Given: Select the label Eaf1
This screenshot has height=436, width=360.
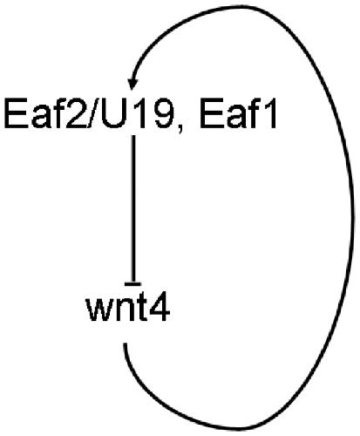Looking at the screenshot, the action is pos(238,114).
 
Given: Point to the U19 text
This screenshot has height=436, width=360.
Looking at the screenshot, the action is pos(137,114).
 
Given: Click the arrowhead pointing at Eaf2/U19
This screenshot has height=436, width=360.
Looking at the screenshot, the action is pos(132,84).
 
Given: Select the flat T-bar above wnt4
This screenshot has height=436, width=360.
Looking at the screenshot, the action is pos(132,283).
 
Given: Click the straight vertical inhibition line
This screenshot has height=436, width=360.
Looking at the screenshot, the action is pos(133,208).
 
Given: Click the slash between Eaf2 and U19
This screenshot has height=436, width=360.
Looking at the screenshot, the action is pos(94,114).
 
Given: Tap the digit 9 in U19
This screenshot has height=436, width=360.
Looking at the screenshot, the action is pos(162,114).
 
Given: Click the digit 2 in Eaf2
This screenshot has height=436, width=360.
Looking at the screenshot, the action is pos(77,114).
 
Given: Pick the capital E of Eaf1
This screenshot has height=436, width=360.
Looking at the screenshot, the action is pos(211,114).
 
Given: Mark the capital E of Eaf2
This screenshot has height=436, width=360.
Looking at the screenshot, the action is pos(15,114).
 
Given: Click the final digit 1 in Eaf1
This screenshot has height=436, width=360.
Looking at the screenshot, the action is pos(270,114).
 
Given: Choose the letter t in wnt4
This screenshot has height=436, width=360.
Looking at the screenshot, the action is pos(141,310).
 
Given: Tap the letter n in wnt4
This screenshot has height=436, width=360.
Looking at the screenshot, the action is pos(124,311).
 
